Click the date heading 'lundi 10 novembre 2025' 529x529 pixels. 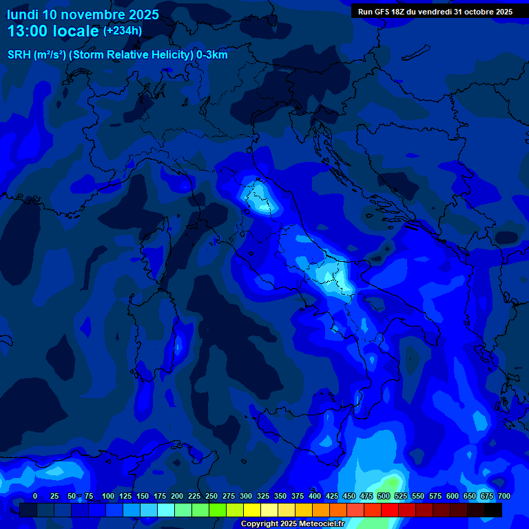[83, 14]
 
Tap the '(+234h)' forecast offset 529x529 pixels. [123, 30]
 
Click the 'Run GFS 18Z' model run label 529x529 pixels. [382, 12]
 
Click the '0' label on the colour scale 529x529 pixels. [35, 497]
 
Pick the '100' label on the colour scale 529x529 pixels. [108, 497]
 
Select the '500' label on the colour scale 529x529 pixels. [384, 497]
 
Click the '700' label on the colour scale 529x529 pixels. [504, 497]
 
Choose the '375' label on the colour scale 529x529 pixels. [298, 497]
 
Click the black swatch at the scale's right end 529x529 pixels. [493, 510]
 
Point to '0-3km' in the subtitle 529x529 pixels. [211, 55]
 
